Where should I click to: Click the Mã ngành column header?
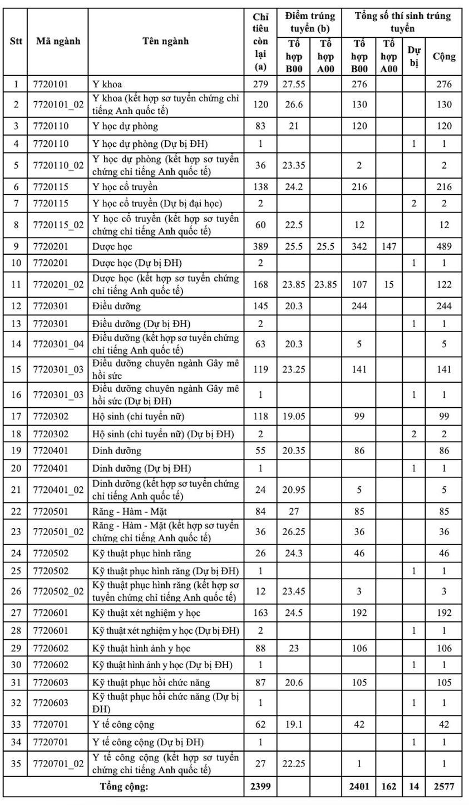click(x=58, y=41)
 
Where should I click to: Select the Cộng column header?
click(x=443, y=57)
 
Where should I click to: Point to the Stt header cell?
click(x=16, y=41)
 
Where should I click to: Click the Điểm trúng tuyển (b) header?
click(x=309, y=22)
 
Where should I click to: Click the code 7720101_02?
click(x=58, y=104)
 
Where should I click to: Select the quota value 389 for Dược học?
click(x=260, y=246)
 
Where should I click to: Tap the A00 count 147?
click(x=389, y=246)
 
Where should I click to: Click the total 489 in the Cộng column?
click(x=443, y=246)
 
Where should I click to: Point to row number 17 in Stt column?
click(x=16, y=416)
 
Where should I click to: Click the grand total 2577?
click(x=443, y=787)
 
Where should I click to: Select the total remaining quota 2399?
click(x=260, y=787)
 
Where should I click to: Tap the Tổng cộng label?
click(x=124, y=787)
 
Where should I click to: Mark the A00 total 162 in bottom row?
click(x=389, y=787)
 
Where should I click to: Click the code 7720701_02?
click(x=58, y=764)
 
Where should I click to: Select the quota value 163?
click(x=260, y=613)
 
